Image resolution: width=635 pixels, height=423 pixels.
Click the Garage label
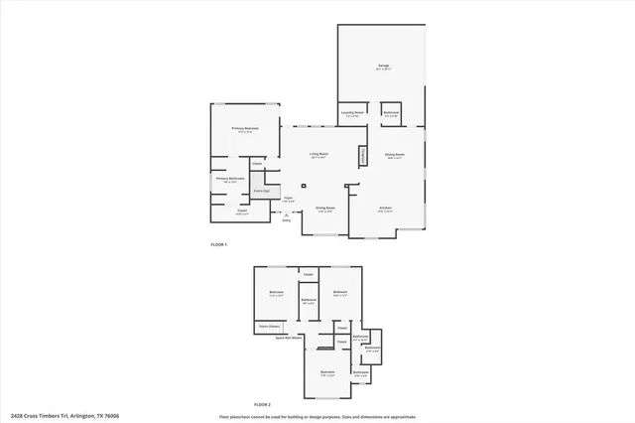coord(383,67)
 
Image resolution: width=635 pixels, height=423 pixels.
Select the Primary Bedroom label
coord(245,129)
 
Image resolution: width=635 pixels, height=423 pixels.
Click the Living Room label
coord(318,155)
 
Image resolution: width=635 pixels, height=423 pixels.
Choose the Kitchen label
coord(386,209)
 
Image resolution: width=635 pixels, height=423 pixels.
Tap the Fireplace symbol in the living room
coord(363,156)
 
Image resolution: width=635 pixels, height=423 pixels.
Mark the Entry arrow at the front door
coord(286,216)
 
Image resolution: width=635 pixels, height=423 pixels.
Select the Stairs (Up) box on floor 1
coord(262,190)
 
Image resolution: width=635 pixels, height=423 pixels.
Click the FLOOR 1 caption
coord(219,244)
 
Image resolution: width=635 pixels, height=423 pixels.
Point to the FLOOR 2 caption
coord(262,405)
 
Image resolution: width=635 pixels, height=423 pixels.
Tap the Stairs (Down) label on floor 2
coord(270,326)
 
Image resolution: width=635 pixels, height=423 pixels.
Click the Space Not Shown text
coord(289,338)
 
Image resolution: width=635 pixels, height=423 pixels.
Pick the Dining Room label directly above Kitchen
coord(393,156)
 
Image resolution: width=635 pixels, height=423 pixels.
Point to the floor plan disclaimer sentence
coord(317,415)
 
